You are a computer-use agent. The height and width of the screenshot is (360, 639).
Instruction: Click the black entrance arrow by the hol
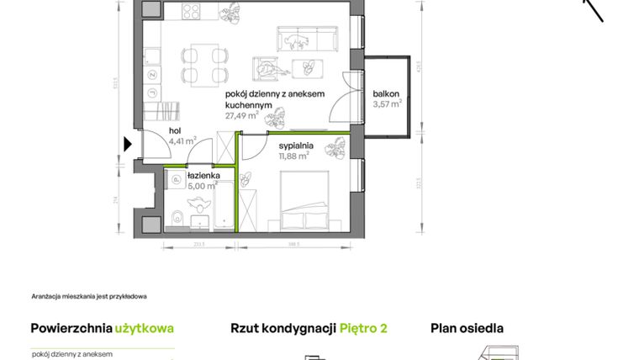[x=128, y=144]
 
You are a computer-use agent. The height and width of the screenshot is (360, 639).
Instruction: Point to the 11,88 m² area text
[x=294, y=155]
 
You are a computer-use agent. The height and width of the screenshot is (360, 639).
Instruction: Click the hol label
[x=175, y=130]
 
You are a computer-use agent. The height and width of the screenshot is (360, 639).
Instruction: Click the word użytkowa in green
[x=144, y=328]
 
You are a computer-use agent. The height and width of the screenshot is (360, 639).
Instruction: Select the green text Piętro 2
[x=363, y=328]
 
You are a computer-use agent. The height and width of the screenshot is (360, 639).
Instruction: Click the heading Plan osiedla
[x=467, y=328]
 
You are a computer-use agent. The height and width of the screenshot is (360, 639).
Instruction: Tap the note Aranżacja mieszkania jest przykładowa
[x=89, y=296]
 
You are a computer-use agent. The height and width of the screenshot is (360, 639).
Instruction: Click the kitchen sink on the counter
[x=152, y=56]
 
